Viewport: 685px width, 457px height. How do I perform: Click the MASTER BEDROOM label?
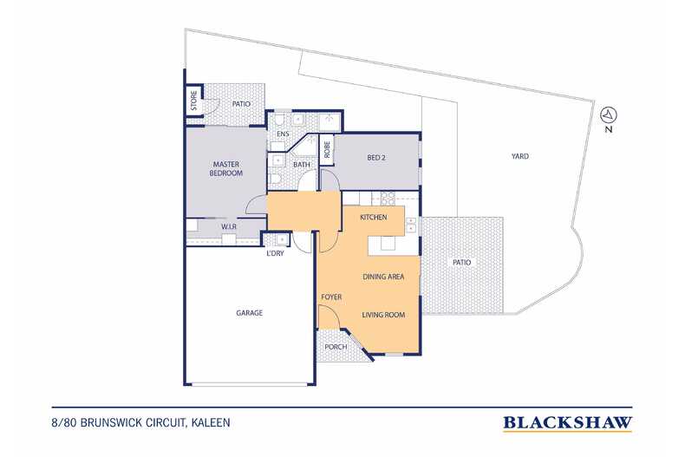click(x=225, y=168)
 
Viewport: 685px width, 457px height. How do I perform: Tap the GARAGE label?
click(x=250, y=313)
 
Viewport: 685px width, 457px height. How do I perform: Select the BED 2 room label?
click(x=376, y=158)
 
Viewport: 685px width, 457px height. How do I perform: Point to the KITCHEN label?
click(x=374, y=217)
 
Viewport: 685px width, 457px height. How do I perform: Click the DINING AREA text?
click(x=383, y=277)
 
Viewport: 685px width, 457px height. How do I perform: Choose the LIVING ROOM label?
click(x=383, y=315)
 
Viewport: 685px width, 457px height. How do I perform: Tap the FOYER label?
click(x=331, y=297)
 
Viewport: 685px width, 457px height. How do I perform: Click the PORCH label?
click(x=336, y=347)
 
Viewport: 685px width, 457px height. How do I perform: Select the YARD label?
click(x=520, y=156)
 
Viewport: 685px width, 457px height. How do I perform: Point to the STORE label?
click(x=194, y=101)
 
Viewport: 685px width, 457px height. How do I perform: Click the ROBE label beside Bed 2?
click(x=327, y=149)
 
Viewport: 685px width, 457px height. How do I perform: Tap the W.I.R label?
click(x=229, y=226)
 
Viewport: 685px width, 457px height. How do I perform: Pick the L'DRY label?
click(x=275, y=253)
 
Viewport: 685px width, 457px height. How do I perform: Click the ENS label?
click(x=283, y=134)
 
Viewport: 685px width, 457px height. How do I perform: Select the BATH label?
click(x=302, y=165)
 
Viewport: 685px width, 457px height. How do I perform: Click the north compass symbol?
click(x=609, y=115)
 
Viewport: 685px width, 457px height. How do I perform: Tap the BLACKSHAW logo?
click(x=567, y=423)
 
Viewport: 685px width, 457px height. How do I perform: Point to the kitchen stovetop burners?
click(x=388, y=199)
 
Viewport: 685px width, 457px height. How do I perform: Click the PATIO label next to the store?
click(x=241, y=104)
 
